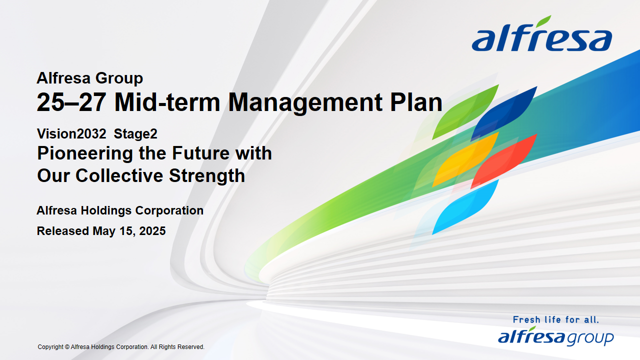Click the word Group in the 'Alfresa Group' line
[119, 79]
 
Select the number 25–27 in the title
[71, 102]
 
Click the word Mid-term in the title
[167, 102]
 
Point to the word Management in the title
[305, 103]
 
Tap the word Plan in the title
[416, 102]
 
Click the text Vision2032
[71, 133]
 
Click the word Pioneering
[85, 154]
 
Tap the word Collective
[119, 175]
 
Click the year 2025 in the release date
[152, 231]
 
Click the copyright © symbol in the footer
[67, 347]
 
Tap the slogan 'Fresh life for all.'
[555, 319]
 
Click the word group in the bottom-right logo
[590, 338]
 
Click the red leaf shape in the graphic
[504, 161]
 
